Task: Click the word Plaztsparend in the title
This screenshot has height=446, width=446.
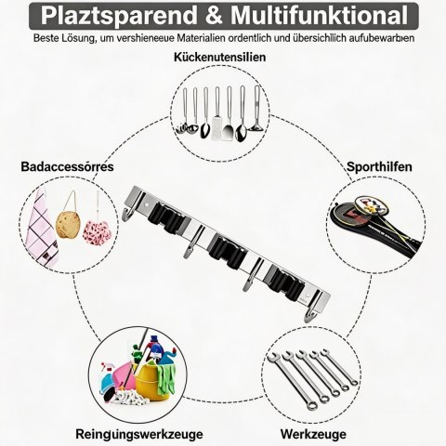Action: (x=119, y=16)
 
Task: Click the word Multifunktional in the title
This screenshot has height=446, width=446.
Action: (x=319, y=15)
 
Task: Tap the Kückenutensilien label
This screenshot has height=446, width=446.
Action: (x=219, y=58)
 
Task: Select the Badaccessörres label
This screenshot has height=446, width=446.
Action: (x=67, y=166)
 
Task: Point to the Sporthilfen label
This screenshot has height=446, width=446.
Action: (x=379, y=166)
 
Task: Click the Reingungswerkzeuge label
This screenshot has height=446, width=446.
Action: (x=139, y=434)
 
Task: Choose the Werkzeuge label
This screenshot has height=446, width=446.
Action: (x=313, y=434)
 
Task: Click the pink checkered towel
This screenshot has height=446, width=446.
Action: (x=41, y=230)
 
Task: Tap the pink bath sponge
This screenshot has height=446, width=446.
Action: (x=97, y=231)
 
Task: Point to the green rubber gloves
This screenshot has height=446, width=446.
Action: (x=165, y=379)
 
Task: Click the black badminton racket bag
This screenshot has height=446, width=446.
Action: (x=374, y=230)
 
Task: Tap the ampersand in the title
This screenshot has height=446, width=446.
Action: (x=214, y=16)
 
